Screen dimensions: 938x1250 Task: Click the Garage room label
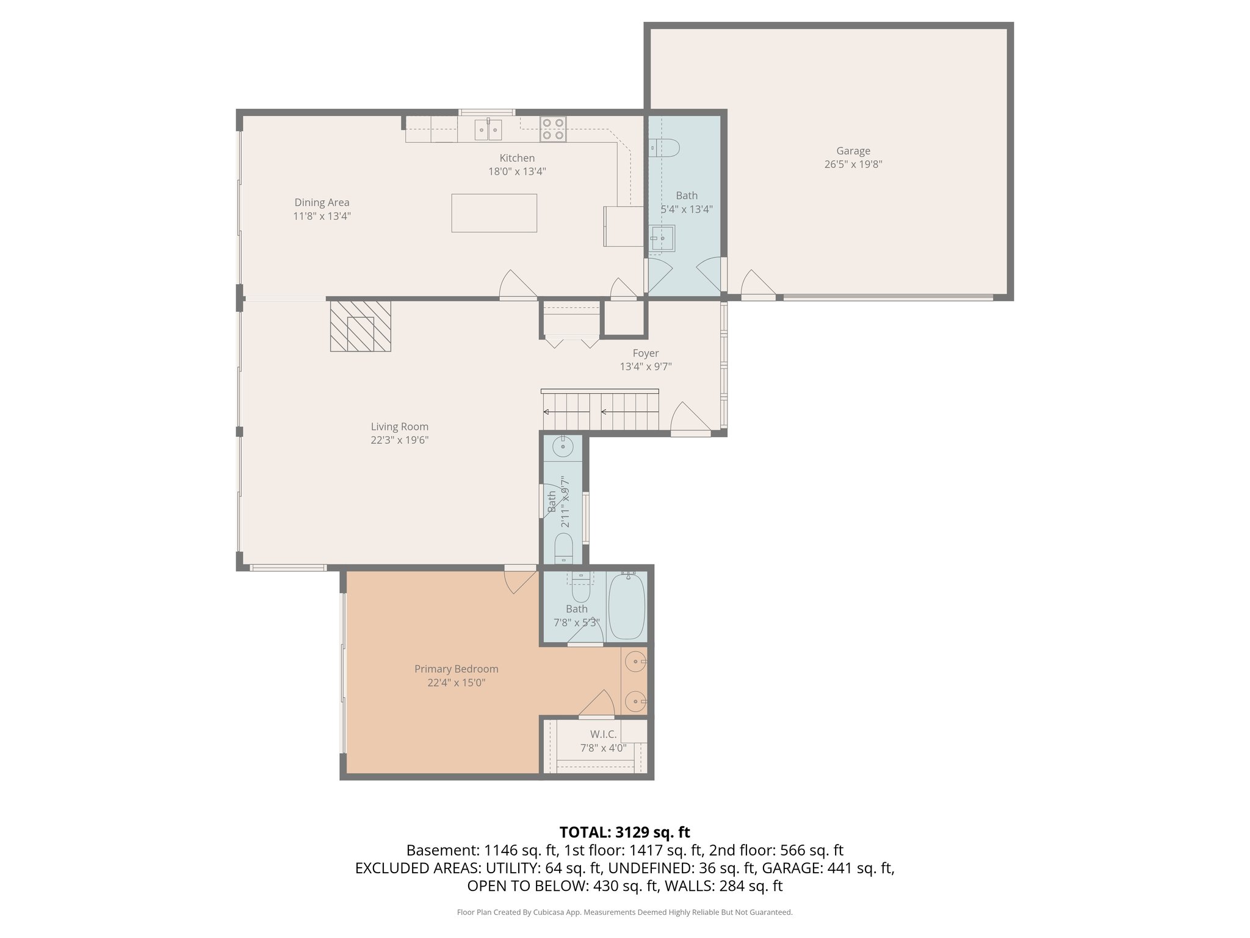(x=853, y=151)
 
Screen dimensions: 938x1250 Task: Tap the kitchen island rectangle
(x=494, y=213)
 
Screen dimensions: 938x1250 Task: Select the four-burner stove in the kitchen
(x=552, y=129)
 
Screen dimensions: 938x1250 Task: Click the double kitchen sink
(x=488, y=129)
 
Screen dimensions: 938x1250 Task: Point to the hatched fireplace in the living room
(x=360, y=325)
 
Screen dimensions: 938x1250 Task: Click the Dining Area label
(x=322, y=203)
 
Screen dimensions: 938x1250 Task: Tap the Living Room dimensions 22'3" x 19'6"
(x=400, y=440)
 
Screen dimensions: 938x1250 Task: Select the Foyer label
(x=645, y=354)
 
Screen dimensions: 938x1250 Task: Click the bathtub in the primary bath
(x=626, y=606)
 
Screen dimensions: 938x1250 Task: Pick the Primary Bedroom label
(x=456, y=669)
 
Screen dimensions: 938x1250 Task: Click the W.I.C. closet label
(x=603, y=735)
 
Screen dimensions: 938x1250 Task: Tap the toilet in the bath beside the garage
(x=665, y=147)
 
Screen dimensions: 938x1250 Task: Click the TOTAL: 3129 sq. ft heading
(x=624, y=832)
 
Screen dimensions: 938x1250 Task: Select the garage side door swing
(x=757, y=285)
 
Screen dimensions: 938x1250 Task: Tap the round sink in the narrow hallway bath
(x=562, y=448)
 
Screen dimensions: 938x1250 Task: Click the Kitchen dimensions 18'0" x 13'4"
(x=516, y=172)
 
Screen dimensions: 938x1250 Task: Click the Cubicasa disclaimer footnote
(x=624, y=912)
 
